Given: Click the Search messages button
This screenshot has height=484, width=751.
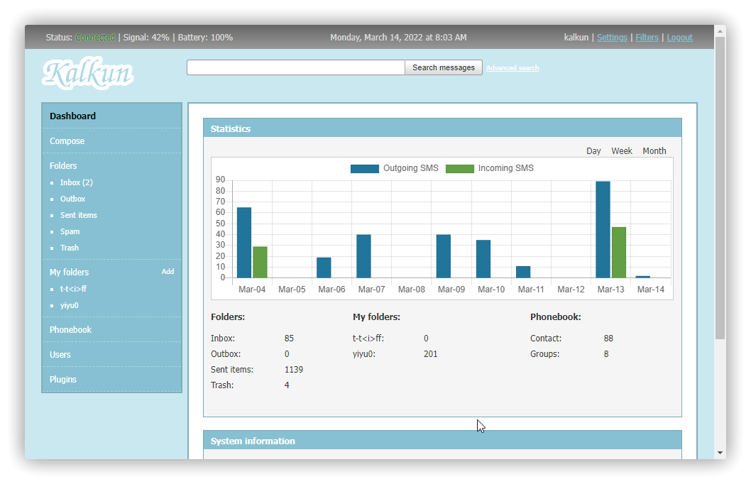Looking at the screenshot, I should (444, 67).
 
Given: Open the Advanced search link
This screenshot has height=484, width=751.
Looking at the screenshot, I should (512, 68).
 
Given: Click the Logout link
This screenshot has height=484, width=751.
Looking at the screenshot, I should (679, 38).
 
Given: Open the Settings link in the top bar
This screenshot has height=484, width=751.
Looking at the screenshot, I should (612, 38).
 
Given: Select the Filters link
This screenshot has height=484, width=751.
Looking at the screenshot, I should (647, 38).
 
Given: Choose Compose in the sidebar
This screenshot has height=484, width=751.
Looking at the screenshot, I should (67, 141).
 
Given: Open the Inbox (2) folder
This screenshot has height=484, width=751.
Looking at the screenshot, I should (77, 182).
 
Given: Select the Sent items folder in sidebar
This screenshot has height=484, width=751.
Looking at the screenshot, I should (79, 215).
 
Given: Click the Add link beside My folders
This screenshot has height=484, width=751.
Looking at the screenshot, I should (168, 272).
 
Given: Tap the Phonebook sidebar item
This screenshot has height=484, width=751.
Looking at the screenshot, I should (70, 330).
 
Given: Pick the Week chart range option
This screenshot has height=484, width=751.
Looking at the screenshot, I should (622, 151).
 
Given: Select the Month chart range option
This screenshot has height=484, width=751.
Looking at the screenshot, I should (654, 151).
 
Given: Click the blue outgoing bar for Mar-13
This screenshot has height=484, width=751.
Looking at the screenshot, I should (603, 229).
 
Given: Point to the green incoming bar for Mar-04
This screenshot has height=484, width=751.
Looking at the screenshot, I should (260, 262).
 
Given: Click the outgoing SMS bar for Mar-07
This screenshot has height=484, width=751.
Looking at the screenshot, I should (363, 255).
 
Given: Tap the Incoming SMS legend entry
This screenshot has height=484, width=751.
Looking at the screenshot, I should (490, 168).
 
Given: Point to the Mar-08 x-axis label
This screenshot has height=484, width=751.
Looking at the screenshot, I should (412, 290).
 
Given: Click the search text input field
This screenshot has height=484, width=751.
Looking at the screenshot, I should (295, 67).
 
